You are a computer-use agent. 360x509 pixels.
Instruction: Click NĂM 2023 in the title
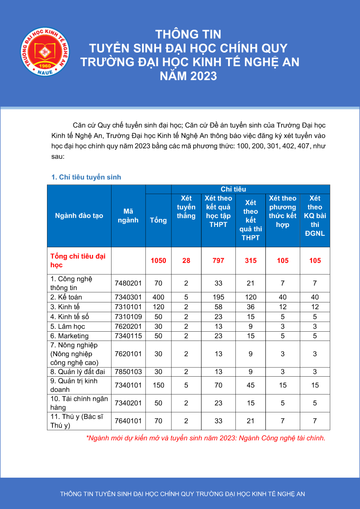coord(188,76)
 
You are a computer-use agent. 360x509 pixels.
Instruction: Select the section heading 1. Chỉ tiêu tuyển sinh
coord(86,177)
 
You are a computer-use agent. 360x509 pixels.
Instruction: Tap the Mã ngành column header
coord(128,215)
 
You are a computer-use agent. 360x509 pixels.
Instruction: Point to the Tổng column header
coord(158,220)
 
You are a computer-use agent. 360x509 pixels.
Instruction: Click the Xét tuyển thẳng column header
coord(186,207)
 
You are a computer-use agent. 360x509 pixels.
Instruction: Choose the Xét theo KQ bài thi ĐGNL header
coord(315,215)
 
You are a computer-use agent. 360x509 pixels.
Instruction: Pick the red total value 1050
coord(158,260)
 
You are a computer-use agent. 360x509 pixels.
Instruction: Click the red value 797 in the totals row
coord(218,260)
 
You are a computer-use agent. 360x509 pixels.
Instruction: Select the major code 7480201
coord(128,283)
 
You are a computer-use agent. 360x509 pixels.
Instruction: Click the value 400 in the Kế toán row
coord(158,297)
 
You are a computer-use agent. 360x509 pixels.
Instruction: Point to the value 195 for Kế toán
coord(218,297)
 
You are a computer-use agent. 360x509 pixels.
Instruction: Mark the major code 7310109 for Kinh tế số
coord(128,316)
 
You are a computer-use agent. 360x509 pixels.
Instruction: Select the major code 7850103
coord(128,372)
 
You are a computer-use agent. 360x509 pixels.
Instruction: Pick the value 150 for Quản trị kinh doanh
coord(158,385)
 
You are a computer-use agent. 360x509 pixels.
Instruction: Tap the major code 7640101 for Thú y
coord(128,421)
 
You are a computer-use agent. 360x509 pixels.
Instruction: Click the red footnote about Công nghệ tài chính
coord(206,438)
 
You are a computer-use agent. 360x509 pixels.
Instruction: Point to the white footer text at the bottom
coord(182,494)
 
